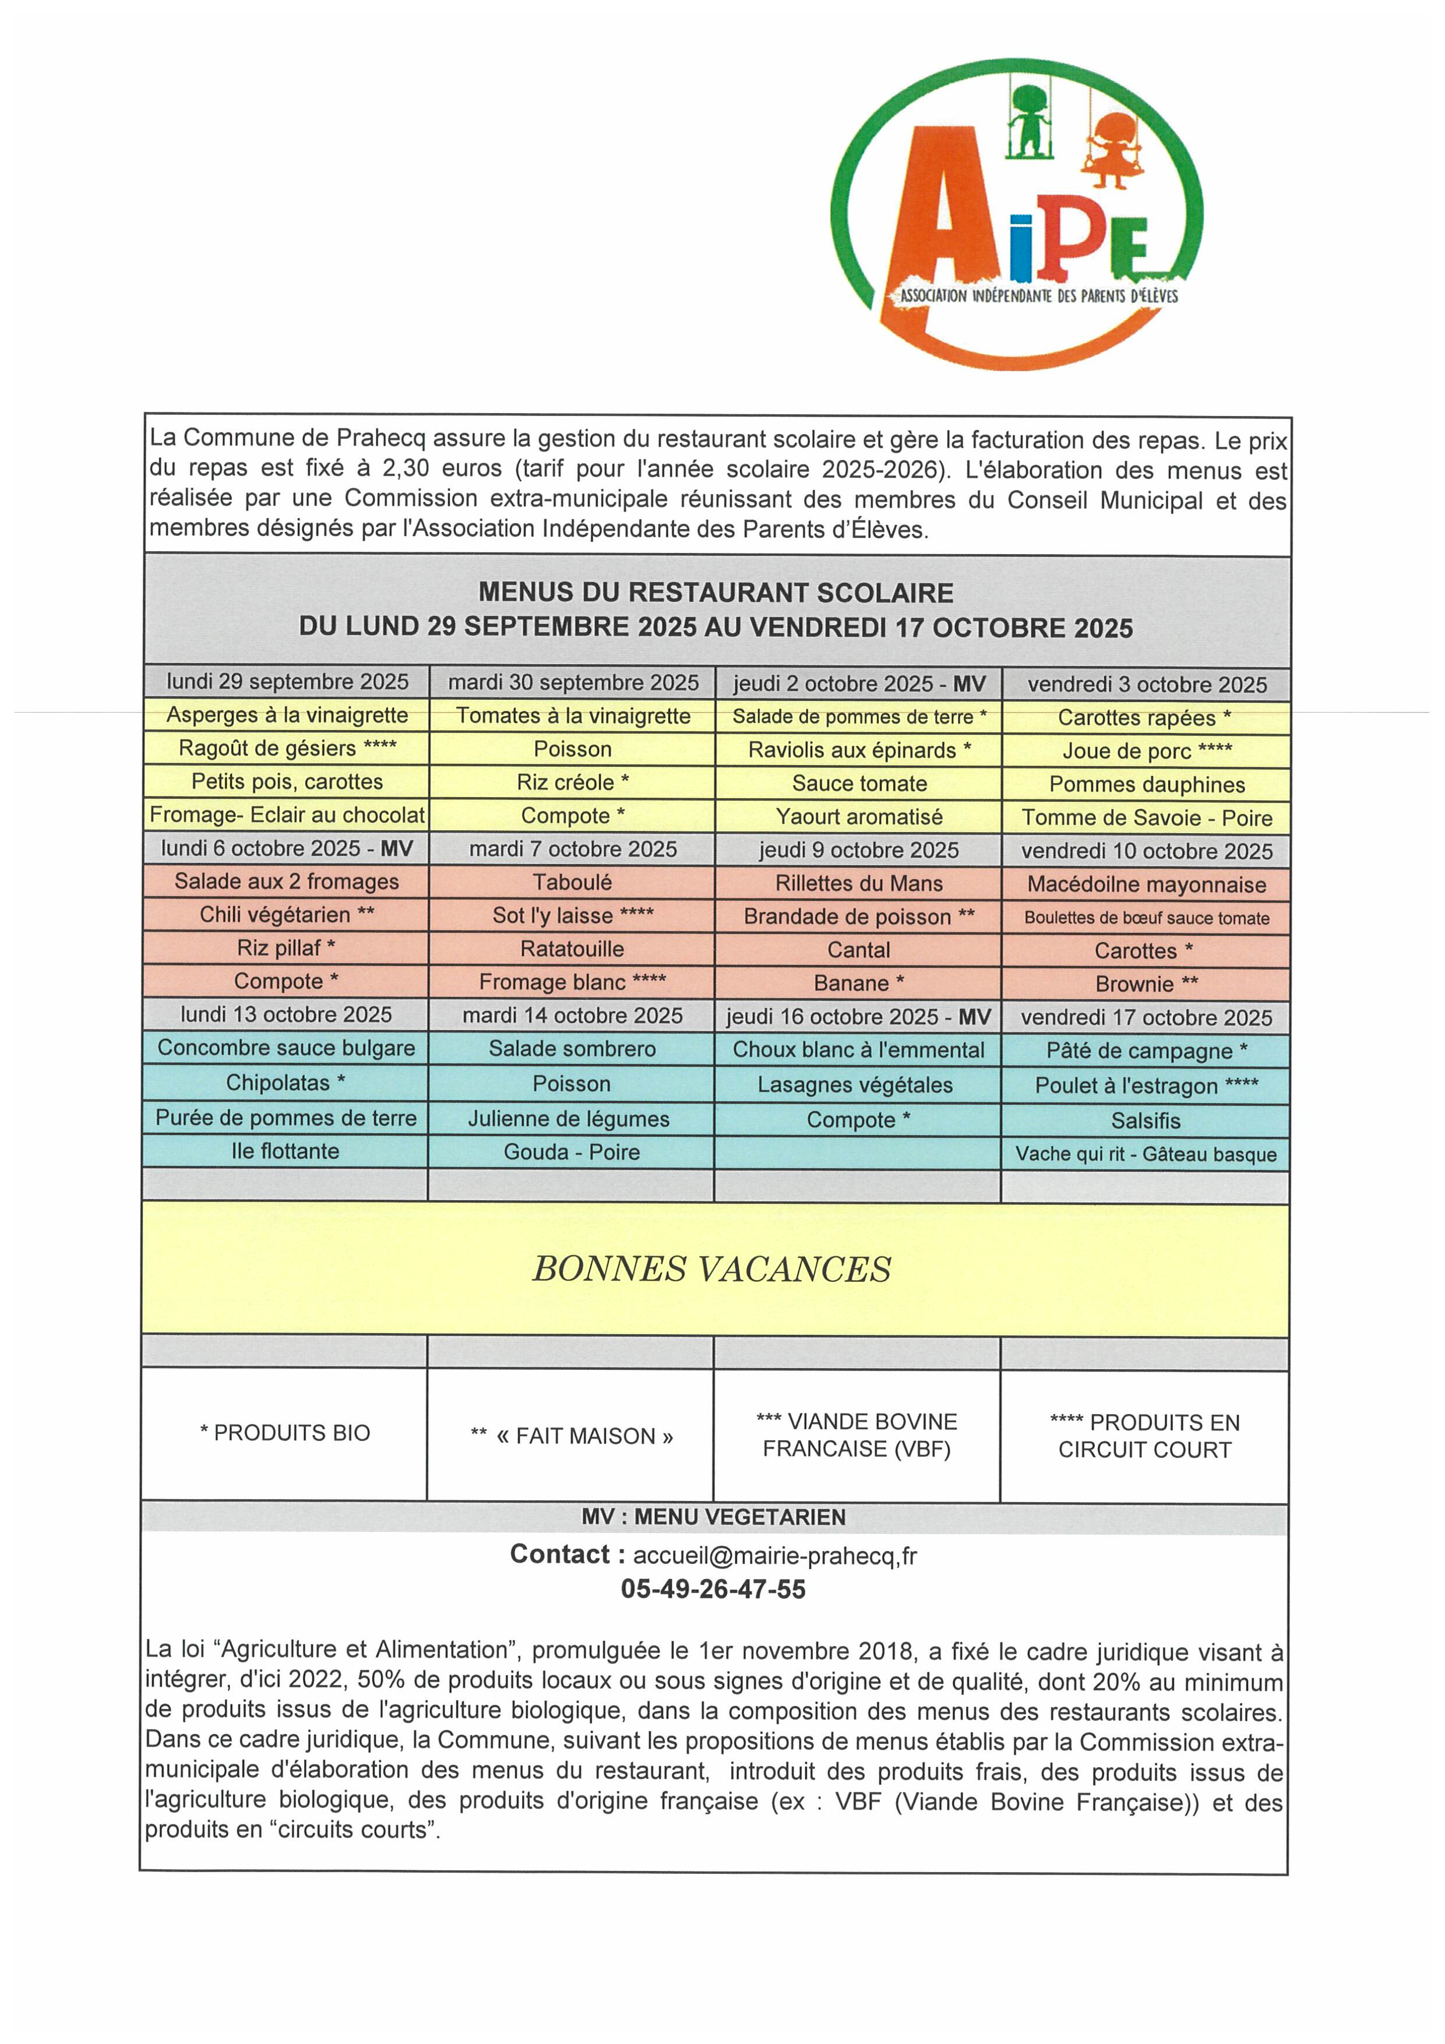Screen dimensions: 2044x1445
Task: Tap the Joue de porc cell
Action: (1147, 752)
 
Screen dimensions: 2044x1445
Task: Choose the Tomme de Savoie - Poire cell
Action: (1147, 817)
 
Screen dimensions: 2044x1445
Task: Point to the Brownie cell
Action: (1147, 984)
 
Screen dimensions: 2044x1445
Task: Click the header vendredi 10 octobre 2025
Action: (1147, 851)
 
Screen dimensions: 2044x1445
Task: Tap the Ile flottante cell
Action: (285, 1151)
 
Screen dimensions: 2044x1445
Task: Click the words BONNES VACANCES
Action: (711, 1268)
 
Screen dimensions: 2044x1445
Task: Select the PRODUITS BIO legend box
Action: (285, 1432)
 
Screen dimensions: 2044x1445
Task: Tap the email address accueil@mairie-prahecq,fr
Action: (774, 1555)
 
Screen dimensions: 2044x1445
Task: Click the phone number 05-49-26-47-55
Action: (713, 1589)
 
